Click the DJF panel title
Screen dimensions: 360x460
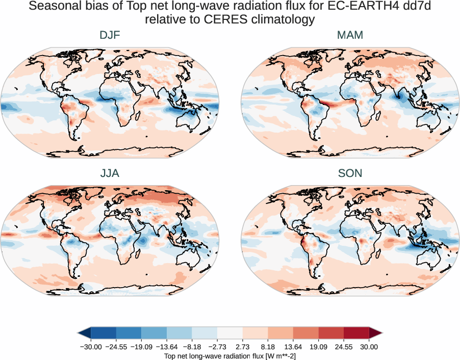pyautogui.click(x=110, y=35)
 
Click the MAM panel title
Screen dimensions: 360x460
pyautogui.click(x=350, y=35)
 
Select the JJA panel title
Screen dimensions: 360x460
pyautogui.click(x=110, y=173)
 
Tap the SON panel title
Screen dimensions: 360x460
pyautogui.click(x=350, y=173)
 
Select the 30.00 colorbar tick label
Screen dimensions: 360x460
pyautogui.click(x=369, y=347)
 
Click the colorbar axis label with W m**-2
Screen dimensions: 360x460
pyautogui.click(x=230, y=355)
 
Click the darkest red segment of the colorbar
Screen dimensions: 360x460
pyautogui.click(x=356, y=333)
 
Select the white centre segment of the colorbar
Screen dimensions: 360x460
pyautogui.click(x=230, y=333)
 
